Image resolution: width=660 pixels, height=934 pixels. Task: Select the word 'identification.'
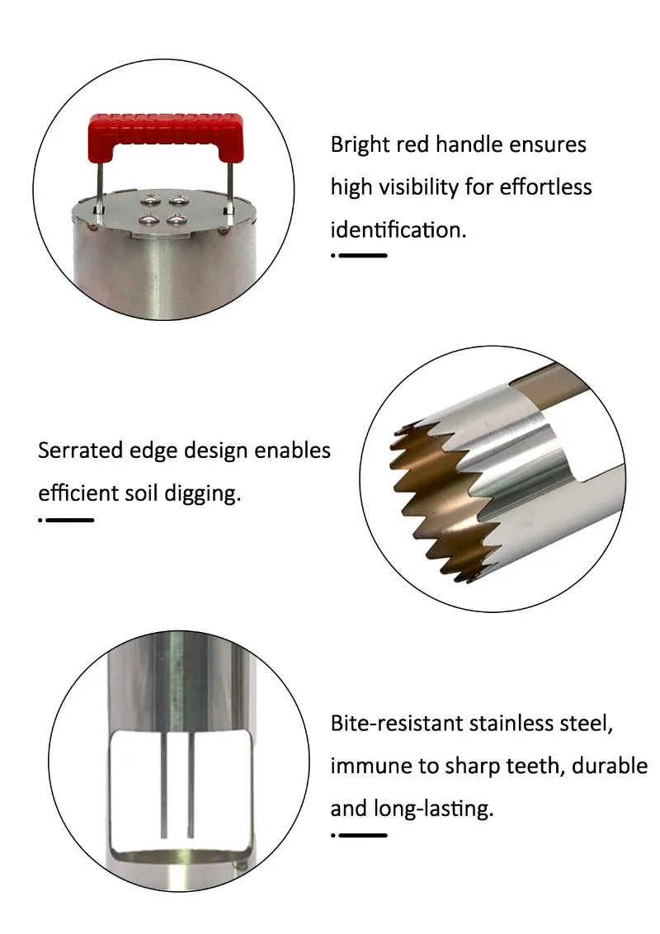(398, 229)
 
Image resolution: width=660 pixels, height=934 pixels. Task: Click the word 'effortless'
(545, 187)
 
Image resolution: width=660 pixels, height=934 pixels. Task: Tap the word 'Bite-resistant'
(397, 723)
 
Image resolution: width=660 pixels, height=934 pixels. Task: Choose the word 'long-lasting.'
(434, 809)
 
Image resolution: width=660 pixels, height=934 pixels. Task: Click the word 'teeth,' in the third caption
(535, 766)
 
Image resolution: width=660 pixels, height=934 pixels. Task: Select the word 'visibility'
(419, 187)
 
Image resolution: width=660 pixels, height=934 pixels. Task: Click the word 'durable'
(610, 766)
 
